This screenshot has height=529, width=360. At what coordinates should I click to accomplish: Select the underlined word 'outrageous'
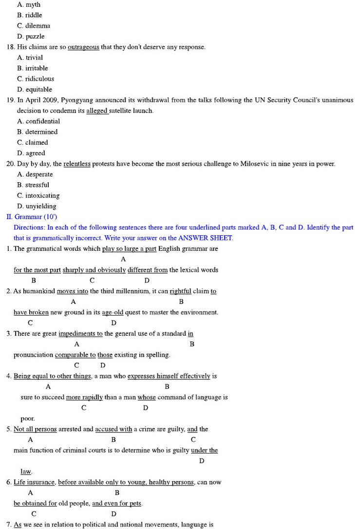tap(83, 47)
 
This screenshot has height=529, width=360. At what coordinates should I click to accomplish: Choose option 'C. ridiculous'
tap(36, 79)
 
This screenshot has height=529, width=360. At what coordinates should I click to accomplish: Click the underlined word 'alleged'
tap(97, 111)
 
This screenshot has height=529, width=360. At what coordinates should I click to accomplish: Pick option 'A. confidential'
tap(38, 121)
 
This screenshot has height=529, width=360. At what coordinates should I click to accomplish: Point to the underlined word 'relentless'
tap(77, 164)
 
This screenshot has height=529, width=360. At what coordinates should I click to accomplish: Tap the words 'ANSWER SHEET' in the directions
tap(205, 238)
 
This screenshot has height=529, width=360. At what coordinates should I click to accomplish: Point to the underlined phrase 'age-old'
tap(113, 313)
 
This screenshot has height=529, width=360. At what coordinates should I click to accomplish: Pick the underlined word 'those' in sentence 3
tap(105, 355)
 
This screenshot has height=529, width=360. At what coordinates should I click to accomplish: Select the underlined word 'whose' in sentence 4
tap(147, 397)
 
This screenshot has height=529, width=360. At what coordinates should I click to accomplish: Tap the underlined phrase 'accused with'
tap(114, 430)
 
